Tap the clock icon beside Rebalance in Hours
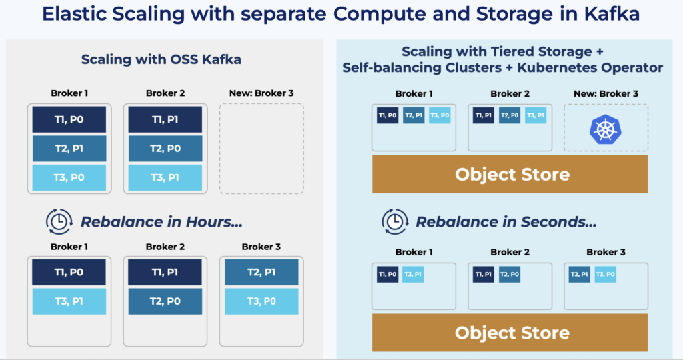(x=59, y=221)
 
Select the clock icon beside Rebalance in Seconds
(x=394, y=221)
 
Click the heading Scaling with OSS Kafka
(x=161, y=59)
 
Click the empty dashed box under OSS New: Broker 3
(x=261, y=148)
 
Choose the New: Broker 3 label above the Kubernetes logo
(x=606, y=94)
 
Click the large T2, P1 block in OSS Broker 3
(x=261, y=272)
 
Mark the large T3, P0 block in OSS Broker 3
(x=261, y=301)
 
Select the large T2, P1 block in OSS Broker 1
(x=69, y=149)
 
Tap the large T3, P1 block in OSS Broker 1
(x=69, y=301)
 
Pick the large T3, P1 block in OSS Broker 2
(x=165, y=177)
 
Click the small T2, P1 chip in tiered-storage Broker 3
(x=579, y=274)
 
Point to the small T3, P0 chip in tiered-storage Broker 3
(x=605, y=274)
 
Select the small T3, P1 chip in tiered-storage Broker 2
(x=536, y=115)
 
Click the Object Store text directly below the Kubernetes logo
(x=512, y=175)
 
